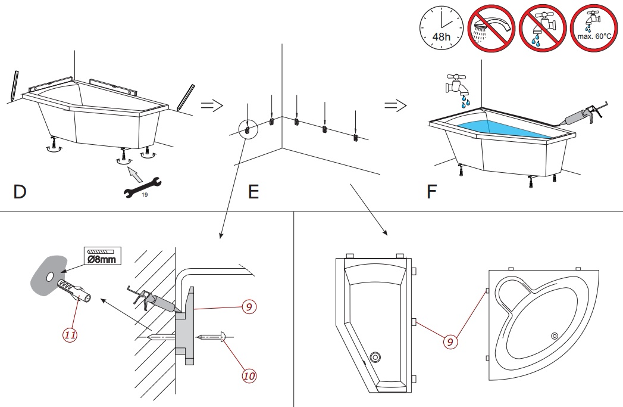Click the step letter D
[x=20, y=192]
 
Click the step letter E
[x=253, y=192]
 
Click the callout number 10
[x=249, y=375]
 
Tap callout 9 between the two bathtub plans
[x=450, y=341]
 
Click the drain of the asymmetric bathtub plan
[x=375, y=358]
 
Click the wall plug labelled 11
[x=75, y=293]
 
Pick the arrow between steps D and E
[x=211, y=105]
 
